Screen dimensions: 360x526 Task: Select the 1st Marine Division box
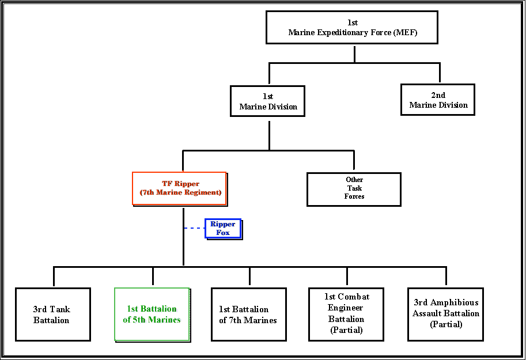pos(268,101)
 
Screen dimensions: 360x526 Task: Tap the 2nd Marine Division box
pos(438,100)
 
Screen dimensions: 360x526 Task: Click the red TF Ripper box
pos(179,188)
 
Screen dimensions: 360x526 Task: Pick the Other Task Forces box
pos(354,188)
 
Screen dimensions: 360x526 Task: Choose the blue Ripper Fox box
pos(223,228)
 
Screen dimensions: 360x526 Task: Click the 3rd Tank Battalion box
pos(52,314)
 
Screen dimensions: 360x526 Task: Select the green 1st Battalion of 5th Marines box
pos(152,314)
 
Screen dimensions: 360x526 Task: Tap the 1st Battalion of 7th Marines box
pos(248,314)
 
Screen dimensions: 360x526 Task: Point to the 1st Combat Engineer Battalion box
pos(346,313)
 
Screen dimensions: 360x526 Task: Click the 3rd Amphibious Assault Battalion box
pos(445,313)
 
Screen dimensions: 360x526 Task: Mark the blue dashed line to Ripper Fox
pos(194,228)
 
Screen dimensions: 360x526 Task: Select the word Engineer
pos(346,308)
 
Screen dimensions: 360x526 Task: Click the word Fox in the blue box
pos(223,233)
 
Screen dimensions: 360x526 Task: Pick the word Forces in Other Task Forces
pos(354,196)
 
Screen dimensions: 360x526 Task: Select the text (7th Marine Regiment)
pos(180,192)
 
